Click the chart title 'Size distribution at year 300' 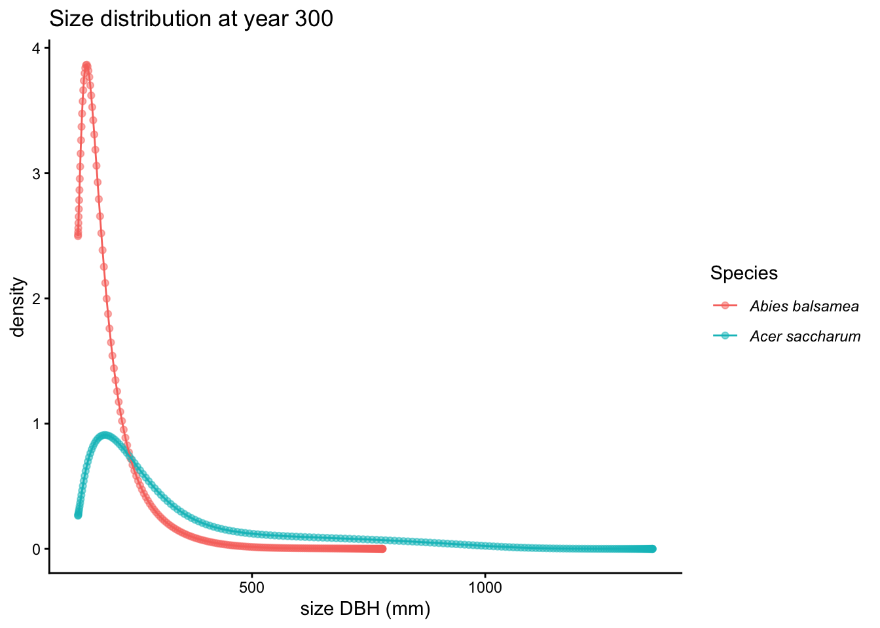coord(191,19)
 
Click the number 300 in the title coord(314,19)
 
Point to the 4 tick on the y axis coord(37,48)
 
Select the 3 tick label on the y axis coord(37,173)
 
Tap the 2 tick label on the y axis coord(37,298)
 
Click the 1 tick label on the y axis coord(37,424)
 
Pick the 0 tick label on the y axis coord(37,549)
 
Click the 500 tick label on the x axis coord(252,587)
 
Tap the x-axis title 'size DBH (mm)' coord(365,610)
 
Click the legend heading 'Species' coord(744,273)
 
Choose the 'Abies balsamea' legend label coord(804,305)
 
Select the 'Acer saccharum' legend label coord(805,336)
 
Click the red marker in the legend coord(725,305)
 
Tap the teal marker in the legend coord(725,336)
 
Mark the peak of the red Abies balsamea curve coord(86,65)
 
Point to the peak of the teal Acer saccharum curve coord(104,435)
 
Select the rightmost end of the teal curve coord(652,549)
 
